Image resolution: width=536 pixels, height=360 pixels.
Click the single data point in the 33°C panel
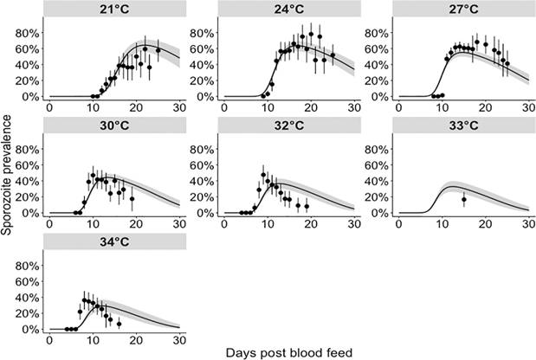point(464,200)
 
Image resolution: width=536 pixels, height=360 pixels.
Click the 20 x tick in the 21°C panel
point(136,107)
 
